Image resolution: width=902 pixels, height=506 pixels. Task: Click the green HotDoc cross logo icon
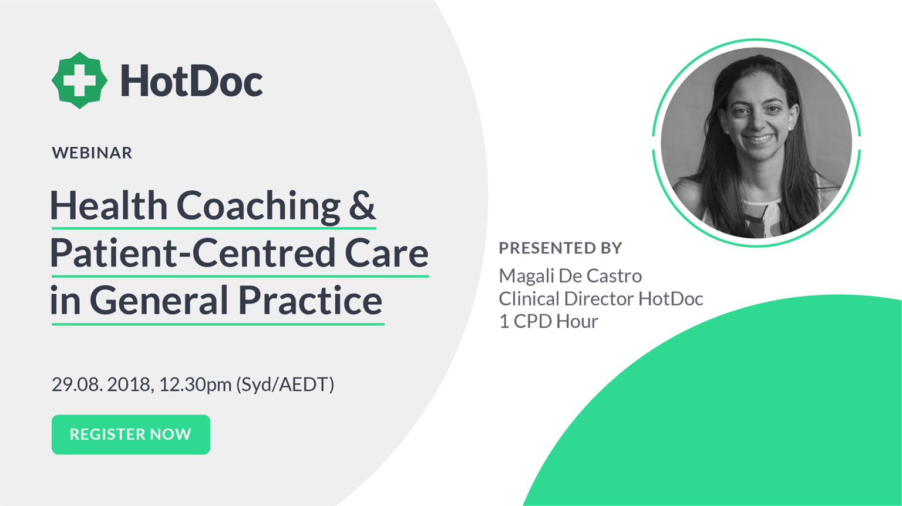pos(79,80)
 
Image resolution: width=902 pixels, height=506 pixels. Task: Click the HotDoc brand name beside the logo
pos(191,81)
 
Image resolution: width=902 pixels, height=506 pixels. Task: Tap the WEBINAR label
pos(92,153)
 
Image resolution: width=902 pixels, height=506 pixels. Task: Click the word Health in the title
pos(109,205)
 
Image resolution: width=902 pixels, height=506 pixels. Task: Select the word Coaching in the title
pos(258,205)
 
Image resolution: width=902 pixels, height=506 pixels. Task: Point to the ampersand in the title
pos(364,205)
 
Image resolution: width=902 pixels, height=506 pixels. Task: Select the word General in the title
pos(158,301)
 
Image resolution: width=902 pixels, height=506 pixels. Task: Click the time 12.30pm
pos(196,384)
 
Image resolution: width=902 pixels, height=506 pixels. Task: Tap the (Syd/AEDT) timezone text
pos(285,384)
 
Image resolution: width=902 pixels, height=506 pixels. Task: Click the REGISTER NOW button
pos(131,434)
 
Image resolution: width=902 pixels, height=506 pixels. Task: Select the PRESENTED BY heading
pos(560,248)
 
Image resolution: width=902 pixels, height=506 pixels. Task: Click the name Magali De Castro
pos(570,275)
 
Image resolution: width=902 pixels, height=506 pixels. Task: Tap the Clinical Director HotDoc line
pos(601,298)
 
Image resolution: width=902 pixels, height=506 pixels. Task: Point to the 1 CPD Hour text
pos(548,321)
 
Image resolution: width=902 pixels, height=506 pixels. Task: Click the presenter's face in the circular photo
pos(758,123)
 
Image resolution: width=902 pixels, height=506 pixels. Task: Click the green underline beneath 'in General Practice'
pos(217,323)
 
